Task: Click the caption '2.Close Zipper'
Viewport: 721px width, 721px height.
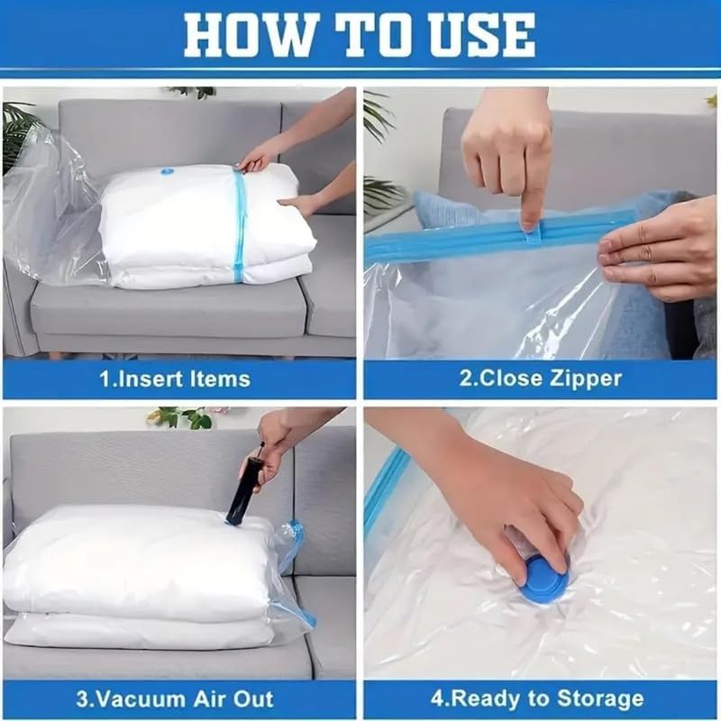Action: pos(541,379)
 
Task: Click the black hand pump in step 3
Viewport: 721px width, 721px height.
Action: pos(244,490)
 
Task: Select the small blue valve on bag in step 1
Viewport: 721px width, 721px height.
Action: pos(168,171)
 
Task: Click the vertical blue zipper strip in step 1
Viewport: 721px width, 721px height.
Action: pos(240,225)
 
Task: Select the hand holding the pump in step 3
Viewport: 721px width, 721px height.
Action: pos(279,442)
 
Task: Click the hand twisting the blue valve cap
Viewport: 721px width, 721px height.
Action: pos(514,505)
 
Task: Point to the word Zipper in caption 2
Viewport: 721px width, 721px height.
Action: pos(586,379)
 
